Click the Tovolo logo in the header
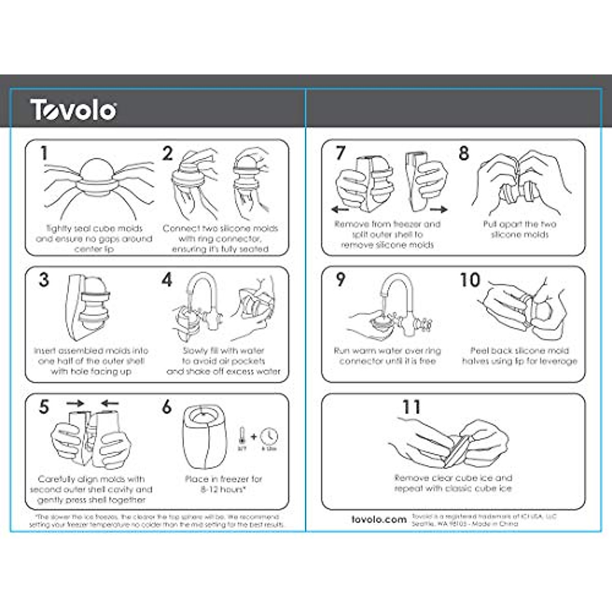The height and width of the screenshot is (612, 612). point(73,110)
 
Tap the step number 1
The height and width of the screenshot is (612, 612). point(44,153)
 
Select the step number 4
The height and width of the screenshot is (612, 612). point(167,279)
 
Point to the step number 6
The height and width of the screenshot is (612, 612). point(167,407)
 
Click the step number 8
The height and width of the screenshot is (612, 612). point(464,153)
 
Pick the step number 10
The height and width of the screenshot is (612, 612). point(470,279)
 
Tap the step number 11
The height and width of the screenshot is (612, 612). point(411,407)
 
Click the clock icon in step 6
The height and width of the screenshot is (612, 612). point(269,437)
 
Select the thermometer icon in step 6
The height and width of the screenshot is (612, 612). point(242,437)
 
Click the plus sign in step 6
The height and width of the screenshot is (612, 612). point(254,437)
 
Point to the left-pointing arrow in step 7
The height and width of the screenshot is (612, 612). point(340,209)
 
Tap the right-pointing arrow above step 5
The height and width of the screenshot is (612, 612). point(75,403)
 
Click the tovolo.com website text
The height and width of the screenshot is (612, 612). point(379,519)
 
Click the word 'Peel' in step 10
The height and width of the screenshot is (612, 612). point(479,350)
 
